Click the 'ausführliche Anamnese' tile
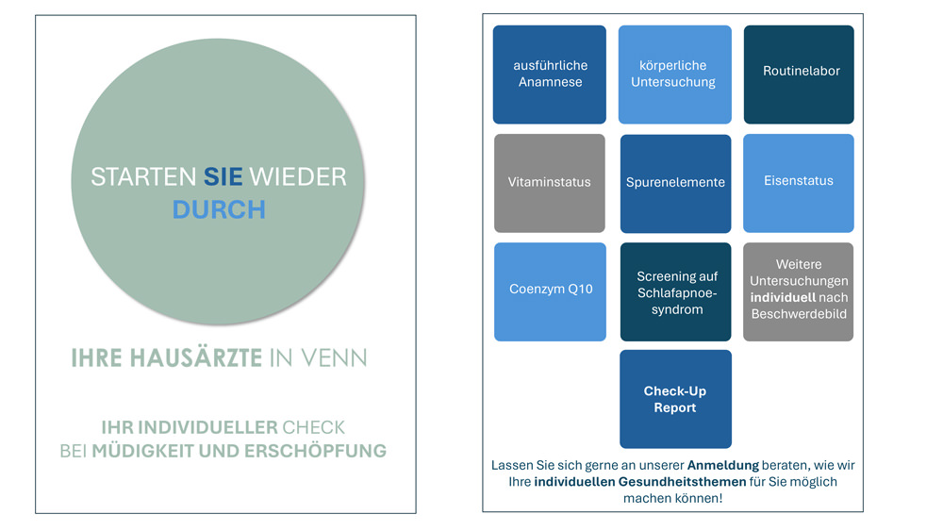550,75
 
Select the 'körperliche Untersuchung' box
675,75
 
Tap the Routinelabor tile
799,75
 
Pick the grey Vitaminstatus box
550,183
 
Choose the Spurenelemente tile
675,183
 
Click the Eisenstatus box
799,183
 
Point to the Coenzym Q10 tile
551,291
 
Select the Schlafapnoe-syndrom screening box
675,291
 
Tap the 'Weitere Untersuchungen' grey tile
798,291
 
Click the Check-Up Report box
675,399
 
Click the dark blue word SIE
223,176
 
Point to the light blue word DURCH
219,209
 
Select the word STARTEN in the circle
143,176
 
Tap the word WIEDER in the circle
298,176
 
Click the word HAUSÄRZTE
196,357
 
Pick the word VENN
334,357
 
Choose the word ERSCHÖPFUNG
315,451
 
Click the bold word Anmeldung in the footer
723,466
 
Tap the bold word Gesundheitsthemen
682,482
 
